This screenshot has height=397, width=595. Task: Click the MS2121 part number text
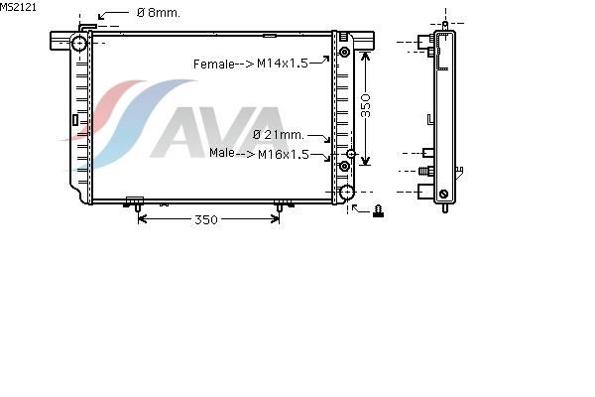(x=18, y=7)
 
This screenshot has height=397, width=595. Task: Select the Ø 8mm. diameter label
(x=159, y=13)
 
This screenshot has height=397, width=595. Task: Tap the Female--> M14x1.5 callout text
(x=251, y=64)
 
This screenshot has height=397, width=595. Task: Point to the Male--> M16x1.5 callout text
(x=259, y=154)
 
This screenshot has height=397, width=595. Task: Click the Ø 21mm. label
(x=279, y=135)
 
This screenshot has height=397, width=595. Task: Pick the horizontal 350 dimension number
(x=206, y=219)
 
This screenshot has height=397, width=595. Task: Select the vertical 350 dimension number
(x=365, y=105)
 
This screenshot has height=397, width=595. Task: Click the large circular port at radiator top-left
(x=79, y=44)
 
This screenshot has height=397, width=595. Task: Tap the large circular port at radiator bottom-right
(x=347, y=193)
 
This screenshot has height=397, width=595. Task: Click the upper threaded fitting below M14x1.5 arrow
(x=344, y=52)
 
